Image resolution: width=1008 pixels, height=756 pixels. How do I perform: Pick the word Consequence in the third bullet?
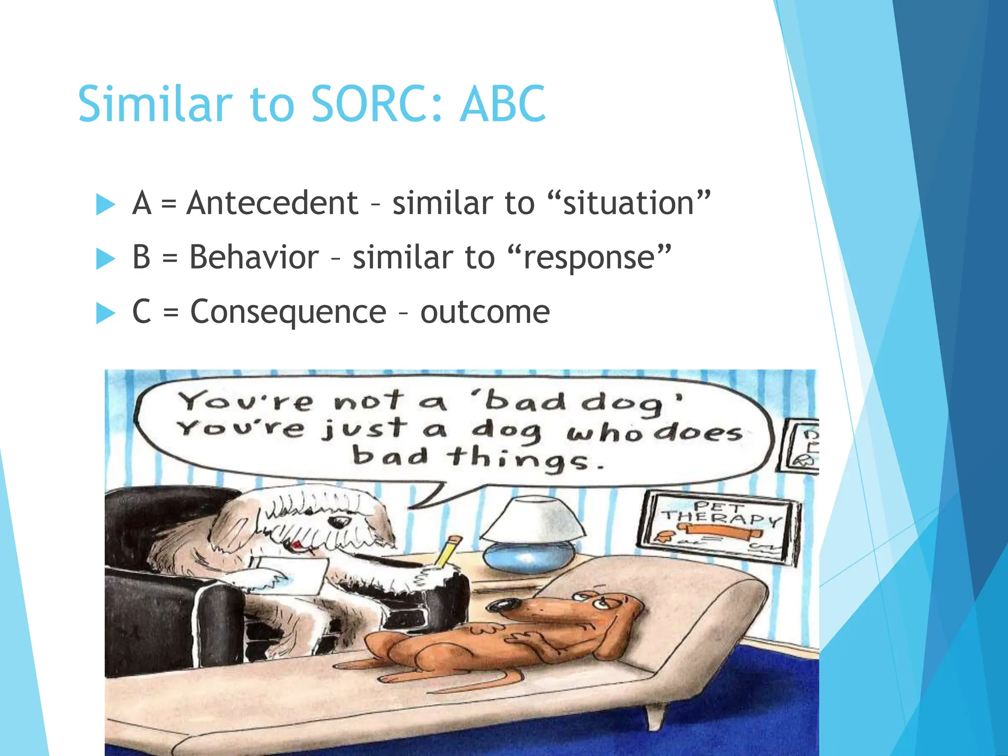coord(288,312)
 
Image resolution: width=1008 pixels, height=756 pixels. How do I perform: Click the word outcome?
coord(485,312)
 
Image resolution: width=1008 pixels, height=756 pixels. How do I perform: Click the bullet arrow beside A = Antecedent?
coord(105,204)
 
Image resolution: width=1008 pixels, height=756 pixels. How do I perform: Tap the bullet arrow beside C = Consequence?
coord(105,313)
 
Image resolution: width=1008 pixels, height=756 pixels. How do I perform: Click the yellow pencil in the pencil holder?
coord(448,552)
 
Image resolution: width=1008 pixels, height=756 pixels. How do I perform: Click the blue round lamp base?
coord(529,556)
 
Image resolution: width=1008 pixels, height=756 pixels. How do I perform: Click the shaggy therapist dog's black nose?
coord(338,521)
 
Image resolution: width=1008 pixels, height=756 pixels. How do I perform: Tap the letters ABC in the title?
coord(502,104)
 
